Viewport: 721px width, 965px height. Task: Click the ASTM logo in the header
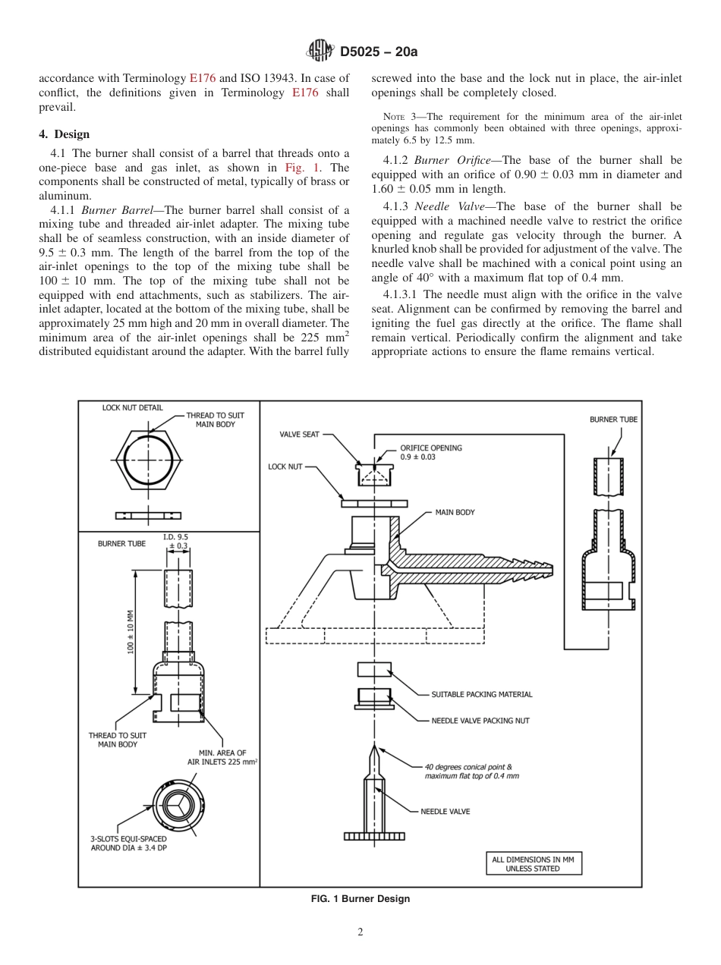[x=320, y=52]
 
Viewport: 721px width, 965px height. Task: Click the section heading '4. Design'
[x=64, y=134]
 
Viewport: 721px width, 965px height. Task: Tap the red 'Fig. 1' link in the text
[x=297, y=168]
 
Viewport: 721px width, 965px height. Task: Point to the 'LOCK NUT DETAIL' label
[x=132, y=407]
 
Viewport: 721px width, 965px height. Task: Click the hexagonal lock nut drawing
[x=147, y=460]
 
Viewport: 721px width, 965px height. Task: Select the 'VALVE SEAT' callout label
[x=300, y=435]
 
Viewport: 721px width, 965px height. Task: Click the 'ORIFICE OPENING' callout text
[x=430, y=448]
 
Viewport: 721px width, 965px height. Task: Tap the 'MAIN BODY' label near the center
[x=455, y=512]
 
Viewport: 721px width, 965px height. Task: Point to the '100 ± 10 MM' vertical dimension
[x=130, y=631]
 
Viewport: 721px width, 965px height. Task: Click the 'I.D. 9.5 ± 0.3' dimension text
[x=176, y=541]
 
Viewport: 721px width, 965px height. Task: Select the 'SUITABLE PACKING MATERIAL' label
[x=481, y=694]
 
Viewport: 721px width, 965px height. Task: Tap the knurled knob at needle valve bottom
[x=374, y=836]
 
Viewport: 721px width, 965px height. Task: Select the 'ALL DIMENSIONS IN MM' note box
[x=532, y=863]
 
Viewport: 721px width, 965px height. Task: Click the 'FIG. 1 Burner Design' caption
[x=360, y=899]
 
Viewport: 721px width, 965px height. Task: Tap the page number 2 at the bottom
[x=360, y=932]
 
